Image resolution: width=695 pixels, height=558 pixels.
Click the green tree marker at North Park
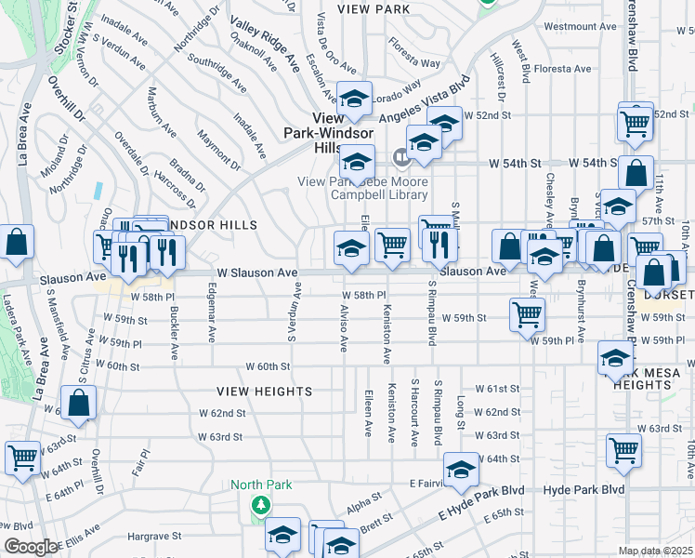pos(262,505)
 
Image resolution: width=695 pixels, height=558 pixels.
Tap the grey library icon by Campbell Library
pos(402,155)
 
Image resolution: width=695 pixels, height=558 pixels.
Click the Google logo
pos(31,547)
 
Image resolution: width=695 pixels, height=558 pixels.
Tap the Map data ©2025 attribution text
pos(655,551)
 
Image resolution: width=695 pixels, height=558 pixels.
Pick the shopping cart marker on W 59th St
pos(528,314)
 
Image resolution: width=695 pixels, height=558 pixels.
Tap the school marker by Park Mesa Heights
pos(615,358)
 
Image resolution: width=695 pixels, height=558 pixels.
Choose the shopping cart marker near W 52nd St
pos(636,121)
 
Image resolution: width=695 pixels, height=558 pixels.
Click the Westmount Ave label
pos(580,26)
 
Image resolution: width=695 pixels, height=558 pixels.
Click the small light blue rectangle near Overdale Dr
pos(98,189)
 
